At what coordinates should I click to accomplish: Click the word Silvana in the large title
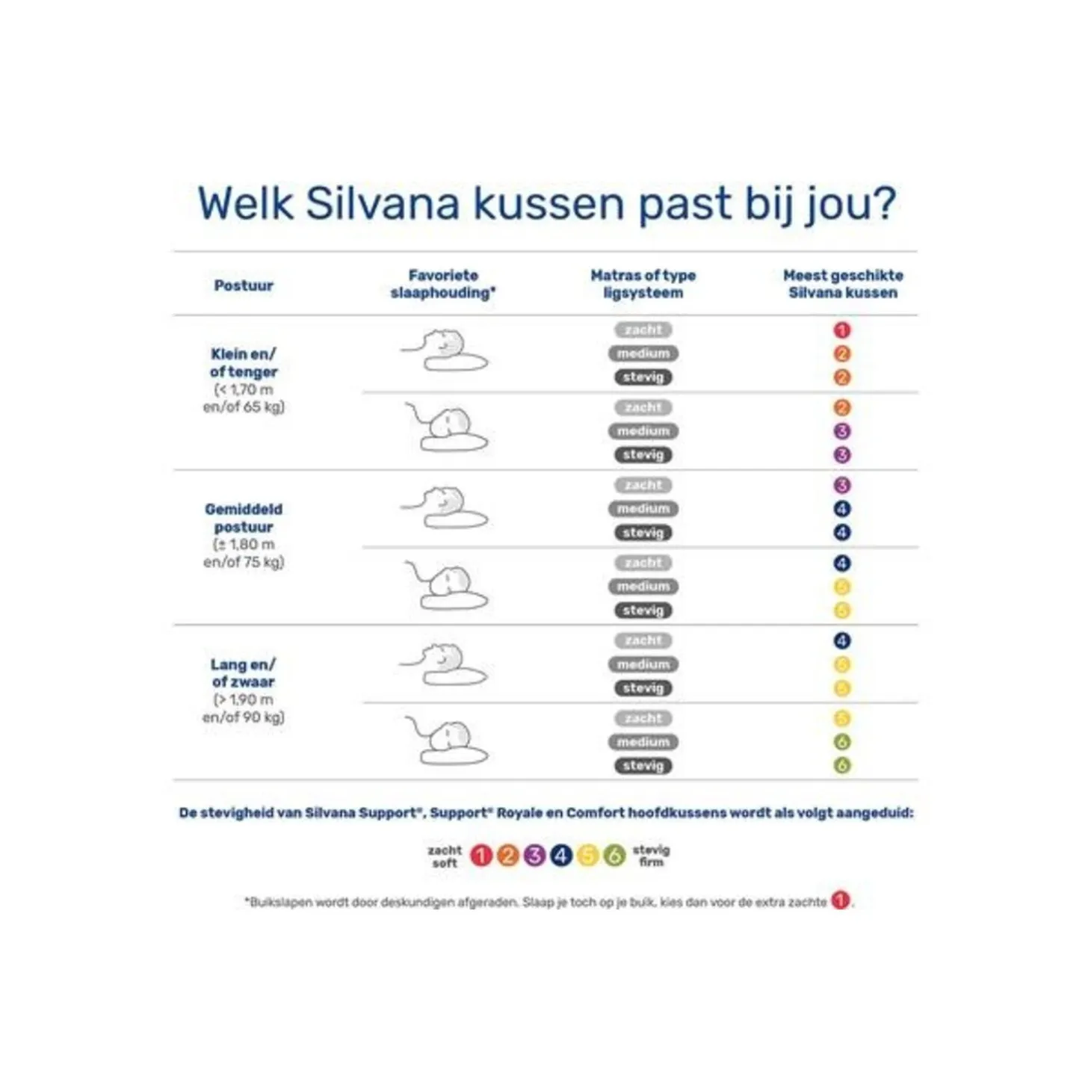click(x=382, y=203)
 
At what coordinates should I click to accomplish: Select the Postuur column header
click(x=244, y=285)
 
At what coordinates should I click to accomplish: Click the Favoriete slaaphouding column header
click(x=443, y=284)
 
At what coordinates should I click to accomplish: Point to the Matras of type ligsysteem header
click(x=643, y=284)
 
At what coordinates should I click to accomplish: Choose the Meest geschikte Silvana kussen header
click(x=843, y=284)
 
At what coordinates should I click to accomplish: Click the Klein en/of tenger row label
click(x=244, y=363)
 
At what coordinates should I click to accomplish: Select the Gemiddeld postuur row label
click(x=244, y=518)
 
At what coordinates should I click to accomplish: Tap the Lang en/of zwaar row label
click(x=244, y=673)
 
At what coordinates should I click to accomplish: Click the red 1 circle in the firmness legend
click(x=481, y=856)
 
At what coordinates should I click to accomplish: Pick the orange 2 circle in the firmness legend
click(x=508, y=856)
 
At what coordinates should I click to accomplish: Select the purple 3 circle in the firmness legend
click(x=534, y=856)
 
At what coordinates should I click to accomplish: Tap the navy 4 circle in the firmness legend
click(x=561, y=856)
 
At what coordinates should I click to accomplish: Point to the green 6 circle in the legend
click(x=614, y=856)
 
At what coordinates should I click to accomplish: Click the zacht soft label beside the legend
click(x=445, y=856)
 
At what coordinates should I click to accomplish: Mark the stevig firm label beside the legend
click(x=651, y=856)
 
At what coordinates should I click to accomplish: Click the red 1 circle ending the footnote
click(x=841, y=901)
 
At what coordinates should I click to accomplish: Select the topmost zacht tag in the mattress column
click(x=643, y=330)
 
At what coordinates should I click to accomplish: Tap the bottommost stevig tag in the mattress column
click(x=643, y=766)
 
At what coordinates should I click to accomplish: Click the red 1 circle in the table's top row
click(x=842, y=330)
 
